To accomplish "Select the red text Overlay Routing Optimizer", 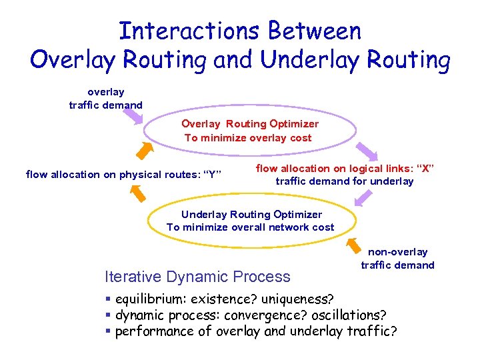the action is pyautogui.click(x=250, y=124).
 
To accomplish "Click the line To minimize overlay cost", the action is pyautogui.click(x=248, y=137).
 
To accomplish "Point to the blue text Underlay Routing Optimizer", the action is pyautogui.click(x=251, y=214).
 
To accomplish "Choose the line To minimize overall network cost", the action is pyautogui.click(x=250, y=227).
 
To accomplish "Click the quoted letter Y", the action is pyautogui.click(x=212, y=175).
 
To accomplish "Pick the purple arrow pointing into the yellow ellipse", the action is pyautogui.click(x=363, y=197).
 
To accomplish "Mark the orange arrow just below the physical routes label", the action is pyautogui.click(x=137, y=192).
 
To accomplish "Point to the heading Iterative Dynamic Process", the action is pyautogui.click(x=198, y=276).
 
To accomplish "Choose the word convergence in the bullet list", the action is pyautogui.click(x=262, y=314).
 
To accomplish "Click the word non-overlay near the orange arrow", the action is pyautogui.click(x=398, y=251).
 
